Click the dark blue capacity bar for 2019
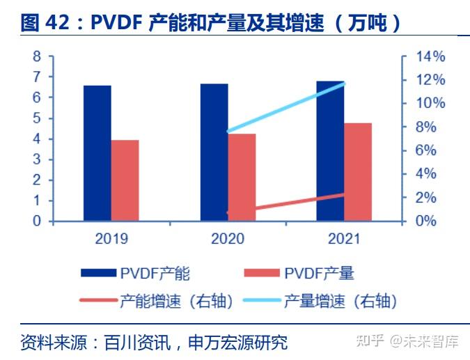[97, 153]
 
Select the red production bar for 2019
[125, 180]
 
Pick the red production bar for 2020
[242, 178]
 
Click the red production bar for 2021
[357, 172]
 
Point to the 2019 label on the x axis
[111, 239]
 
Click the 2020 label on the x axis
[228, 239]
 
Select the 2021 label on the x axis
[343, 239]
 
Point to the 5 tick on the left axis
[37, 118]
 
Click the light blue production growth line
[285, 107]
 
